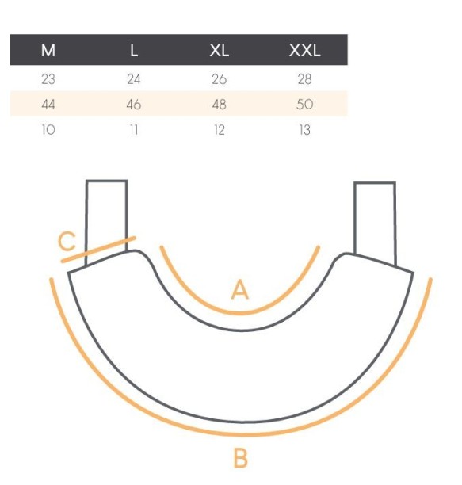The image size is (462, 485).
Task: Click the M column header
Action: pyautogui.click(x=48, y=50)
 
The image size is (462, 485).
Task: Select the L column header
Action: pyautogui.click(x=134, y=50)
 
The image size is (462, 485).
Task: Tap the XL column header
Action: pyautogui.click(x=220, y=50)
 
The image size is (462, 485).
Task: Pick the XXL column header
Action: pyautogui.click(x=305, y=50)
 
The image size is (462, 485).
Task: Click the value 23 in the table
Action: pyautogui.click(x=48, y=79)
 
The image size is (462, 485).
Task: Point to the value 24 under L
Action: pyautogui.click(x=134, y=79)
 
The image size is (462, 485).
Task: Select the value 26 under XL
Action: pyautogui.click(x=220, y=79)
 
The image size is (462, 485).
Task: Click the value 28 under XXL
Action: pyautogui.click(x=304, y=79)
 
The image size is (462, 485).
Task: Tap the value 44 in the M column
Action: pyautogui.click(x=48, y=105)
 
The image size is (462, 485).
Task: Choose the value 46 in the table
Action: pyautogui.click(x=134, y=105)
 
